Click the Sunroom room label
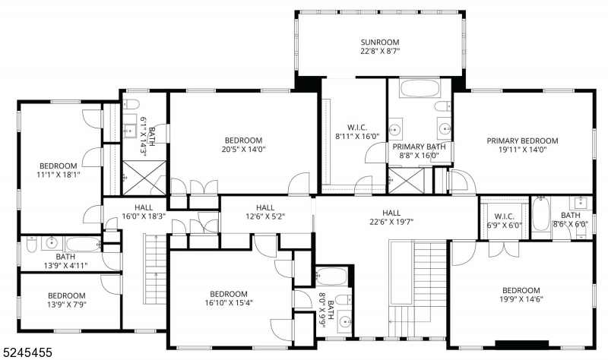[x=379, y=46]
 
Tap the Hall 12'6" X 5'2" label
[x=264, y=212]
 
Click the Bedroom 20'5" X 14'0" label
[x=243, y=144]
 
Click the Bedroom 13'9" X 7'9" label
[x=67, y=300]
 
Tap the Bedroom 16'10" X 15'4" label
[x=228, y=298]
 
